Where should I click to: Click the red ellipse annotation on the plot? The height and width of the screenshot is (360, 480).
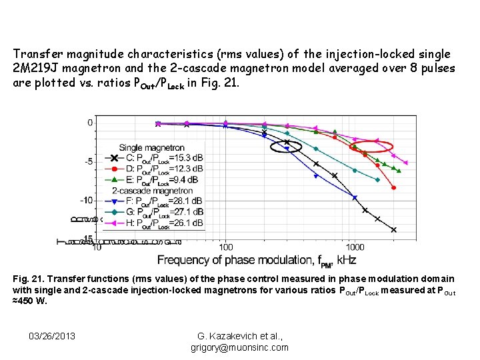[x=371, y=147]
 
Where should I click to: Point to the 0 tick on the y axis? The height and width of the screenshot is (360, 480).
[x=90, y=123]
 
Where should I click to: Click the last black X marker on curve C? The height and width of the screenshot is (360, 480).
[x=393, y=230]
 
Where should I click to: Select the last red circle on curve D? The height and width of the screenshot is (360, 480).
[x=393, y=188]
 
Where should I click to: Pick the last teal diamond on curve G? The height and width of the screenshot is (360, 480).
[x=378, y=180]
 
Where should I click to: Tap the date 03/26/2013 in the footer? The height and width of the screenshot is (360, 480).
[x=53, y=335]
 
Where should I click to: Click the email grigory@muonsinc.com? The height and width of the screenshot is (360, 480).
[x=239, y=347]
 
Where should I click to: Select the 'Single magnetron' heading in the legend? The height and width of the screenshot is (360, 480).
[x=152, y=147]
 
